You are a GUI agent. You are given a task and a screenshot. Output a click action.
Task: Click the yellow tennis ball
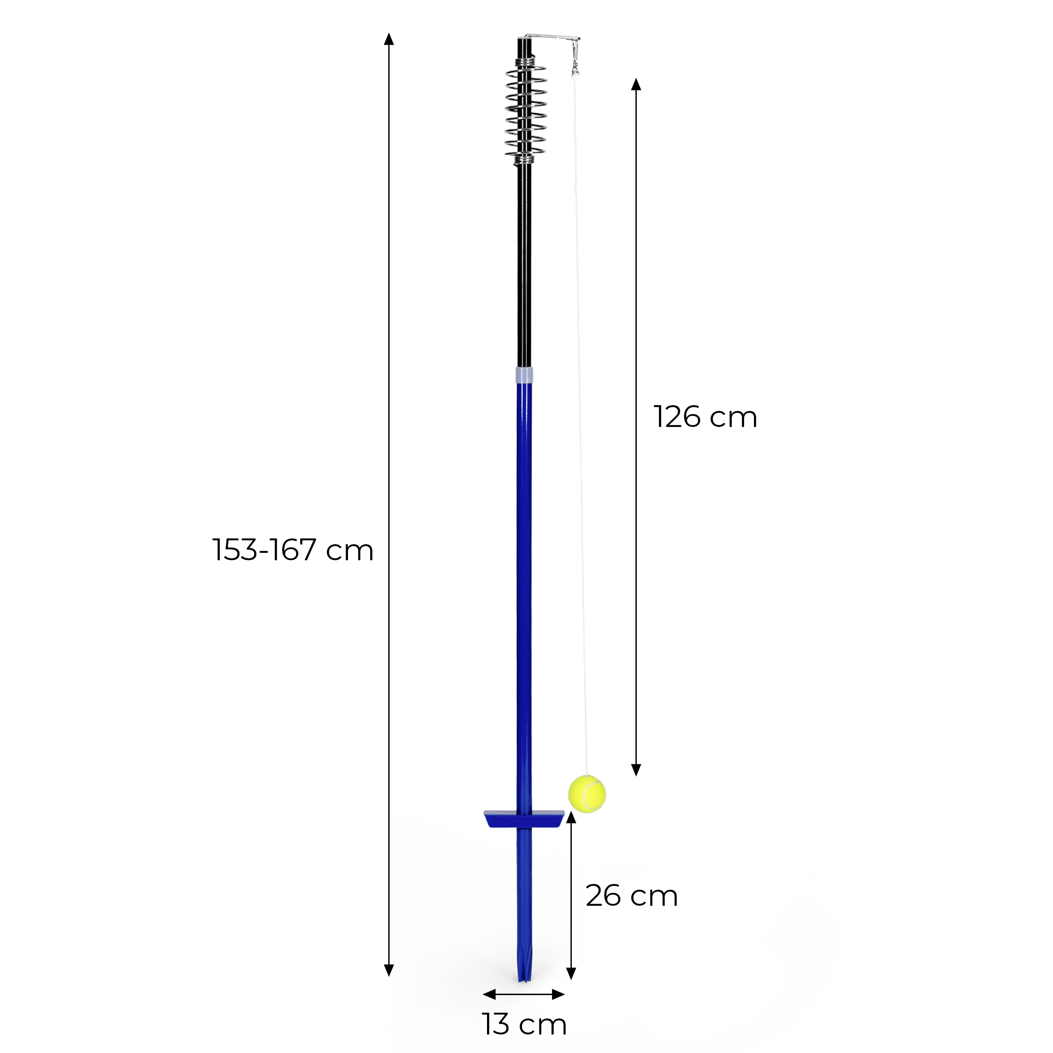[x=587, y=794]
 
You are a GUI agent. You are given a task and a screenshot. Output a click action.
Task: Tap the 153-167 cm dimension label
[x=293, y=550]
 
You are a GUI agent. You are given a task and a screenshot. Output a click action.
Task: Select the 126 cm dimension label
[x=705, y=417]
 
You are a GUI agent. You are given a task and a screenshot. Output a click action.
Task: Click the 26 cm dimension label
[x=632, y=895]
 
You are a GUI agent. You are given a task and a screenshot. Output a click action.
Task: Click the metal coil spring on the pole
[x=525, y=111]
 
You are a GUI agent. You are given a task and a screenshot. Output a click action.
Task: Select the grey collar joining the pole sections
[x=524, y=375]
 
